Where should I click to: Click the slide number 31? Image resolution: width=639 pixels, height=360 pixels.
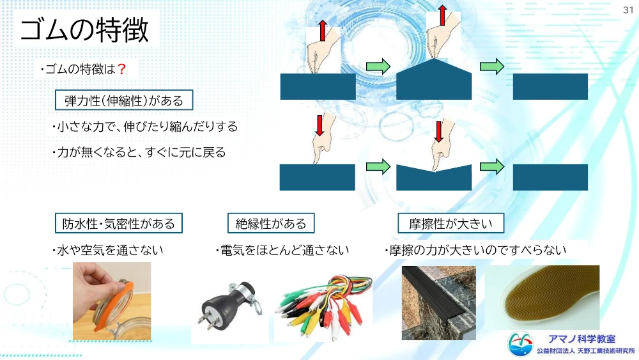(628, 10)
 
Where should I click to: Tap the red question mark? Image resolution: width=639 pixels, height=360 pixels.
(121, 69)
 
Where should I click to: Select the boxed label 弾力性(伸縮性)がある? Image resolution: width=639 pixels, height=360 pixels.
(124, 100)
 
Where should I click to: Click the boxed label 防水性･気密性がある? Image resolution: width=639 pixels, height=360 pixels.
(119, 223)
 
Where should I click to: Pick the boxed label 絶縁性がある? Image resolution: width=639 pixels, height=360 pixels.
(271, 223)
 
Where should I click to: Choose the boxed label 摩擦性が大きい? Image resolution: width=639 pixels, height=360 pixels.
(450, 223)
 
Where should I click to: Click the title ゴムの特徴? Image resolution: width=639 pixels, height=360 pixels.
(84, 30)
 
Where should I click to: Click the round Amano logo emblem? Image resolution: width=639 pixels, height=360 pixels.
(520, 343)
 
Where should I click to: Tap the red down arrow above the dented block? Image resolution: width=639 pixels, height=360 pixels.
(438, 131)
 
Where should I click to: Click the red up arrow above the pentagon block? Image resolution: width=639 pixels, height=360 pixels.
(443, 15)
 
